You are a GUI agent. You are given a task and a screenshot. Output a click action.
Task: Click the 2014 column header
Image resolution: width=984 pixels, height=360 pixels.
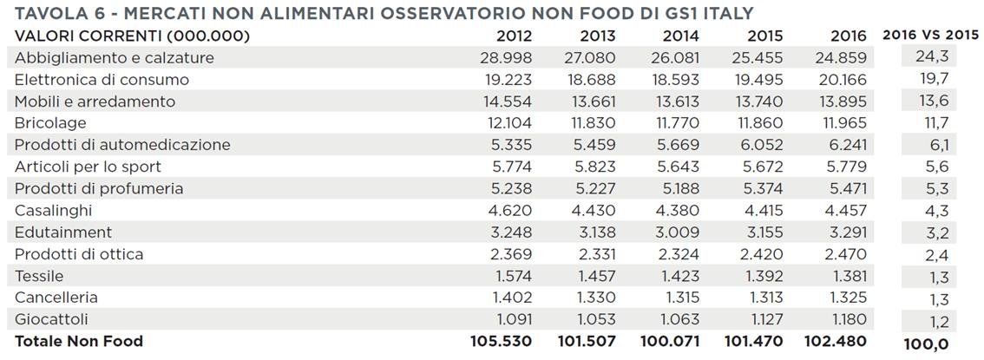pyautogui.click(x=680, y=36)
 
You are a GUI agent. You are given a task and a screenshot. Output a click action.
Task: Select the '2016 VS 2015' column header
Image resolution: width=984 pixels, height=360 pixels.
pyautogui.click(x=929, y=36)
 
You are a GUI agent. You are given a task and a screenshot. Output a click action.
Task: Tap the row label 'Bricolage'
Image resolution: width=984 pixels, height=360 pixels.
pyautogui.click(x=50, y=123)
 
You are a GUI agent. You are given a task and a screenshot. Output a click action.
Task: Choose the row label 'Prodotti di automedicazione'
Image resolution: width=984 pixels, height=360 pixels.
pyautogui.click(x=122, y=145)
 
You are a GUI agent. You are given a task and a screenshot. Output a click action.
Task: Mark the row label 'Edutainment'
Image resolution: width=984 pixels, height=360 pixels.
pyautogui.click(x=63, y=232)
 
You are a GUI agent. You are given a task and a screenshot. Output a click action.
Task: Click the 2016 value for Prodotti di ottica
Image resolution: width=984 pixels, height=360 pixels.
pyautogui.click(x=842, y=254)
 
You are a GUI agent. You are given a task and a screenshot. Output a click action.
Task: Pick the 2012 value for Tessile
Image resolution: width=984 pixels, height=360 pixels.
pyautogui.click(x=509, y=276)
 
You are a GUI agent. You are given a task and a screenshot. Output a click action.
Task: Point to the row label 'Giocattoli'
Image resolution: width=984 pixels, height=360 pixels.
pyautogui.click(x=51, y=319)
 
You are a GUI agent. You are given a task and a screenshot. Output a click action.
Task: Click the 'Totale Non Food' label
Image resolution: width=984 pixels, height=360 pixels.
pyautogui.click(x=78, y=341)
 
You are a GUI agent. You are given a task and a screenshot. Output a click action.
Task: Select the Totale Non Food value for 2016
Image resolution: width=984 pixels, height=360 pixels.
pyautogui.click(x=836, y=341)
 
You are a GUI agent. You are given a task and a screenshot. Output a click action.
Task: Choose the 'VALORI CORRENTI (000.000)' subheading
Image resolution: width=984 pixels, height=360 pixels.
pyautogui.click(x=132, y=36)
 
